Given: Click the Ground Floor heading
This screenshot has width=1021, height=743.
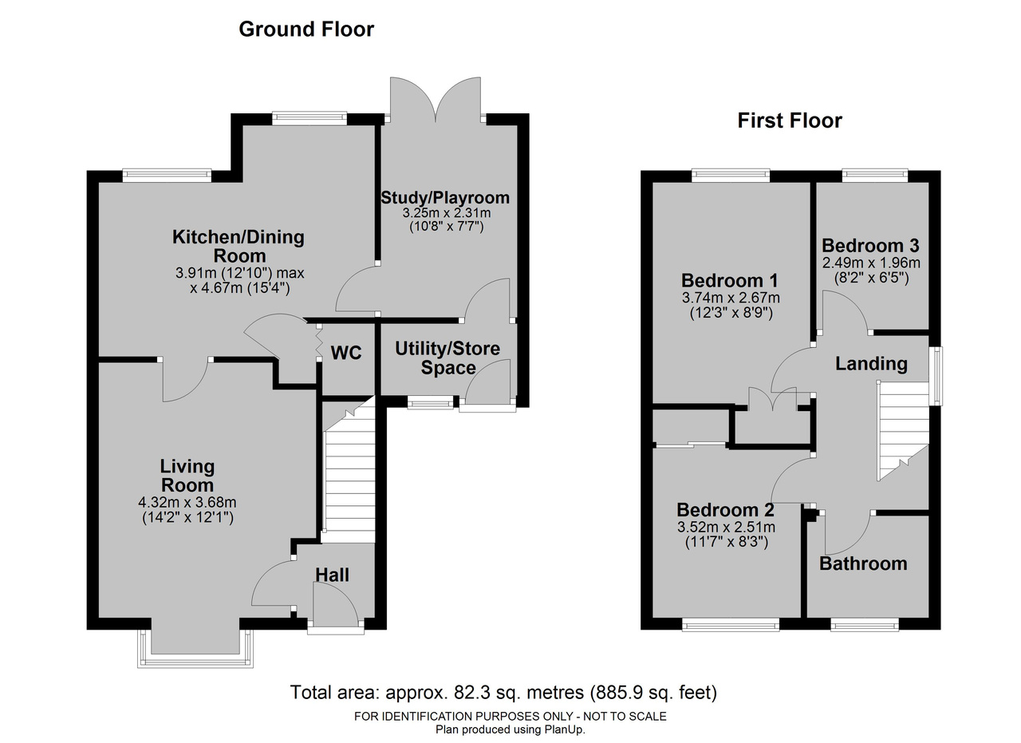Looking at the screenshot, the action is [x=306, y=30].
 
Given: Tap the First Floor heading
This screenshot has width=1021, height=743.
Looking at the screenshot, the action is [x=790, y=121].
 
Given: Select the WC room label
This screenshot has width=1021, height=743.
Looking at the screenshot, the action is [x=346, y=353].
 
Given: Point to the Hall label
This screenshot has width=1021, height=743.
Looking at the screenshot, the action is [x=333, y=575].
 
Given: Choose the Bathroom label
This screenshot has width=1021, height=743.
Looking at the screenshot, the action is [x=863, y=563].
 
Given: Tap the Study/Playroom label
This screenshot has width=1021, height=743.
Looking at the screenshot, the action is [x=445, y=198].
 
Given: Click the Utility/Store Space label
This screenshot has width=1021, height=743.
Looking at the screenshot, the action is [x=447, y=358].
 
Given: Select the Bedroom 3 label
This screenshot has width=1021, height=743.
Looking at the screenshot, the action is [x=870, y=246].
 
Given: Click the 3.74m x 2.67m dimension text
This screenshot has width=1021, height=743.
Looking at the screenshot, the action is [x=731, y=298].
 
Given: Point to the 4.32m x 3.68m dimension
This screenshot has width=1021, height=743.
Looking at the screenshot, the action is [x=187, y=503].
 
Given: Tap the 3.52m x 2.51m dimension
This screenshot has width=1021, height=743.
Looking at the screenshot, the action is [x=727, y=528].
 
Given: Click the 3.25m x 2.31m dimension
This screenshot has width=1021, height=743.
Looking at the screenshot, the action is [x=447, y=212].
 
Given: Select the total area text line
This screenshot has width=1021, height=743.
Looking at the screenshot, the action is [x=503, y=693].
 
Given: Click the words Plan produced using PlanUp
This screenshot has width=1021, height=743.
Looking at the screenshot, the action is [x=510, y=729].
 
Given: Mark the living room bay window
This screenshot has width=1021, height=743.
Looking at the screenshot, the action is [x=195, y=649].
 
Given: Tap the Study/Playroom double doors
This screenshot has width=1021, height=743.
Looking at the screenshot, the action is [x=436, y=101].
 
